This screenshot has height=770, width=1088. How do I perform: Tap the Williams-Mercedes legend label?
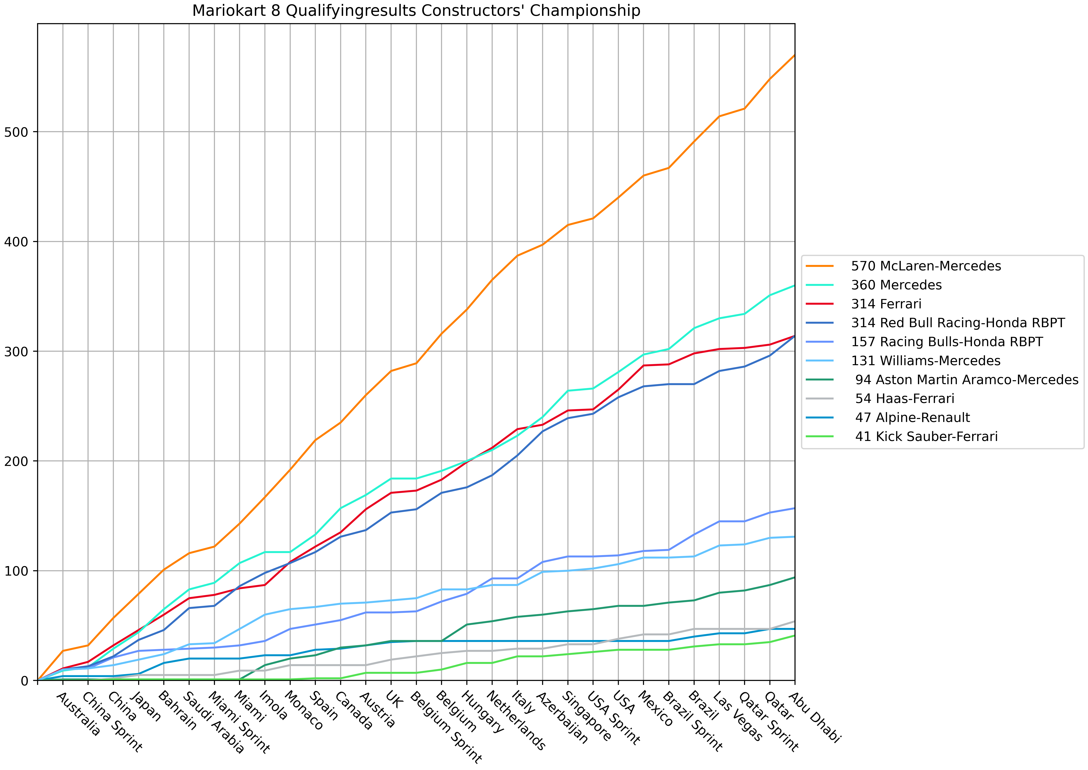[x=925, y=361]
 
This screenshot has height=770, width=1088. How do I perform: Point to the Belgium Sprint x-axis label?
[x=445, y=728]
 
